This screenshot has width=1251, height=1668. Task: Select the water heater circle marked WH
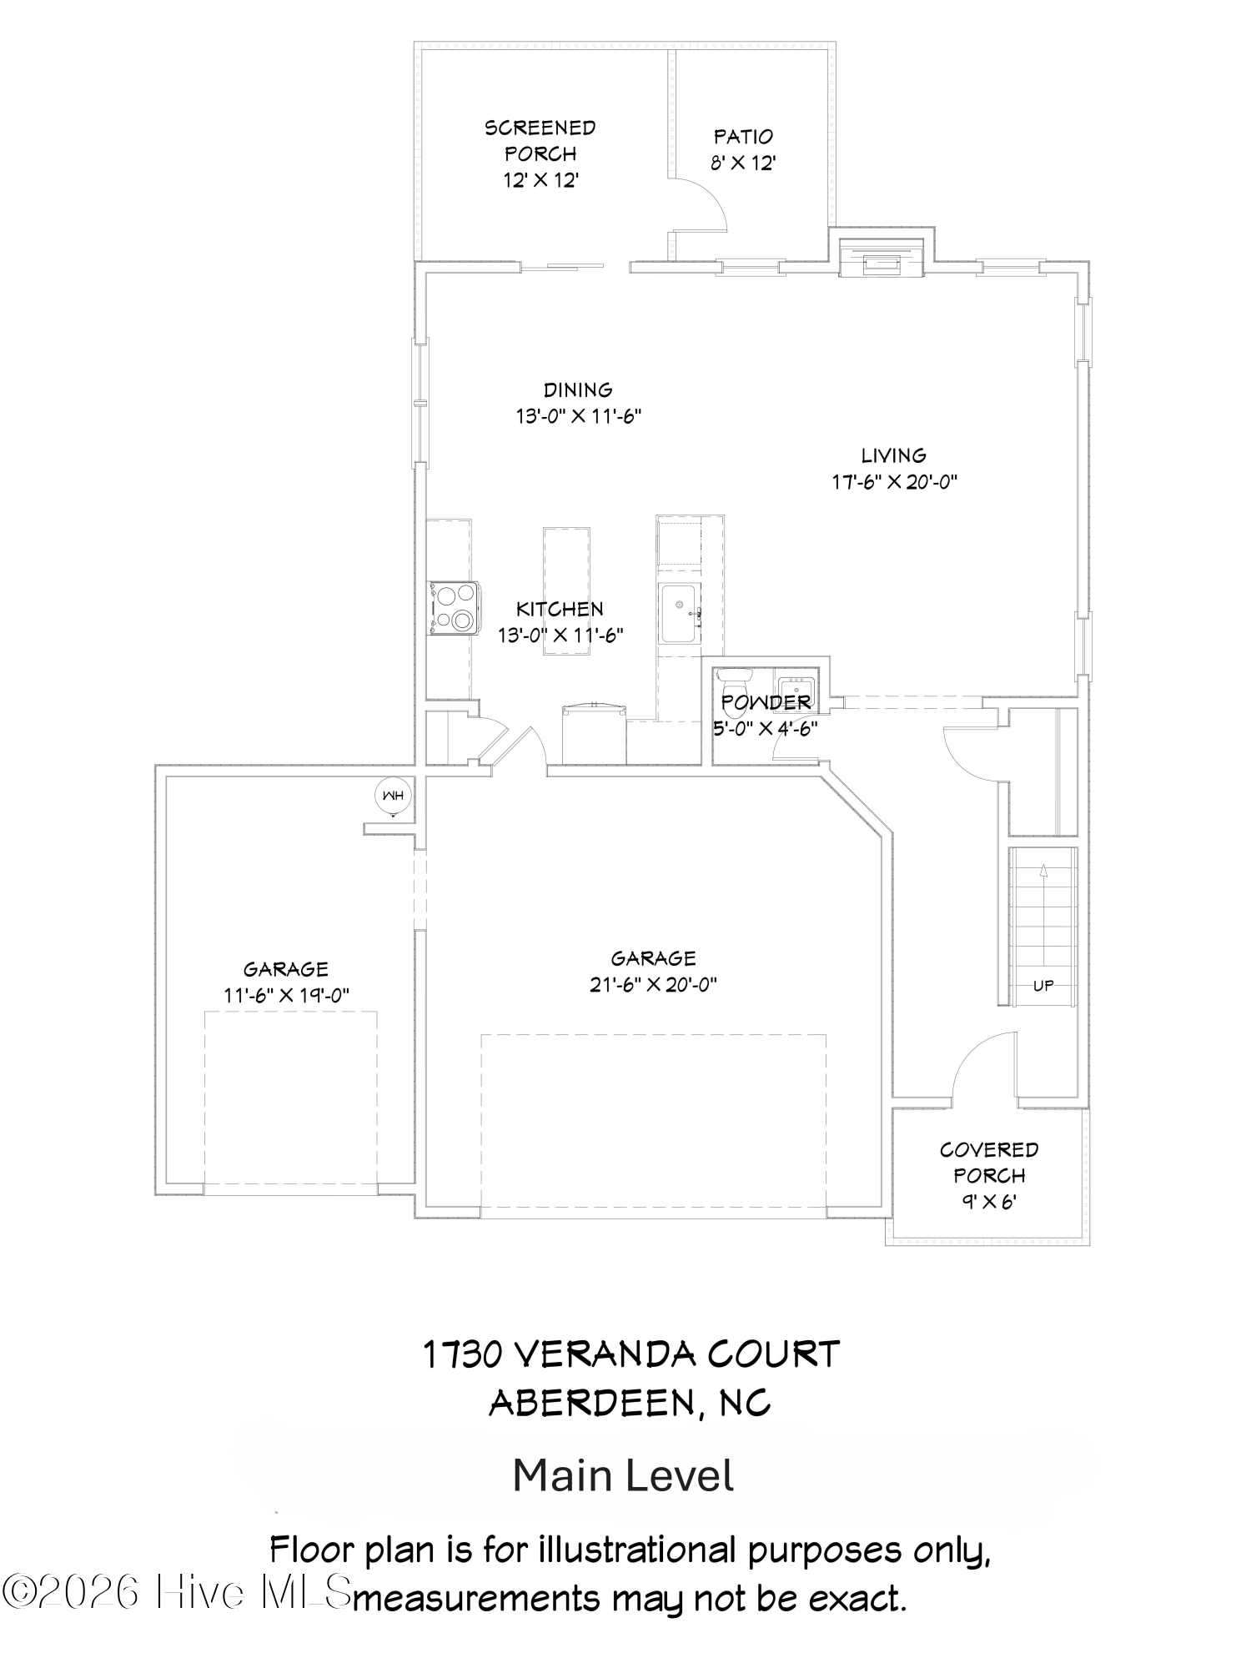(x=393, y=796)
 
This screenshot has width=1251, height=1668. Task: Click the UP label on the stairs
(x=1043, y=985)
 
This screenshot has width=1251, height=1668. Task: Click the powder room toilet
(x=735, y=693)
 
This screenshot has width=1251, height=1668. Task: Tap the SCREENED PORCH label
(x=540, y=141)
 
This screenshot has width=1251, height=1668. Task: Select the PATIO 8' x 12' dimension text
(x=744, y=163)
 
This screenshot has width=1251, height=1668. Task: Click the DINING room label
(x=578, y=389)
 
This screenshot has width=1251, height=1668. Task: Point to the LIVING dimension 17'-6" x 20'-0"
(x=894, y=481)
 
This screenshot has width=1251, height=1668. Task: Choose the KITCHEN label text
(x=560, y=609)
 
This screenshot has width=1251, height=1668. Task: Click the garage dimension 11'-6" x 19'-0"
(x=286, y=995)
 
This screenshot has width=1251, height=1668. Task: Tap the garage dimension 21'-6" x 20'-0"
(x=653, y=984)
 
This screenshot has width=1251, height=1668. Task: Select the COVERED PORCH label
(x=989, y=1163)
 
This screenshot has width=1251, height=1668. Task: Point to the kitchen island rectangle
(x=566, y=590)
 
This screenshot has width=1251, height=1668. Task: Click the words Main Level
(x=623, y=1475)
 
